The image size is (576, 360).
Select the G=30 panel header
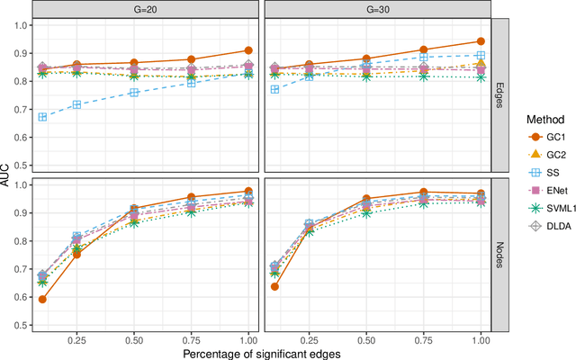pos(377,8)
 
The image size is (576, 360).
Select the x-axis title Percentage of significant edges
pos(261,352)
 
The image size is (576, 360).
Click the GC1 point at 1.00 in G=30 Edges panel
pos(480,41)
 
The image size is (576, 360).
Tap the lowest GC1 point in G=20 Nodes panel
pos(42,299)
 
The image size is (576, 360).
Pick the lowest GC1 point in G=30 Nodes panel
pos(274,286)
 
